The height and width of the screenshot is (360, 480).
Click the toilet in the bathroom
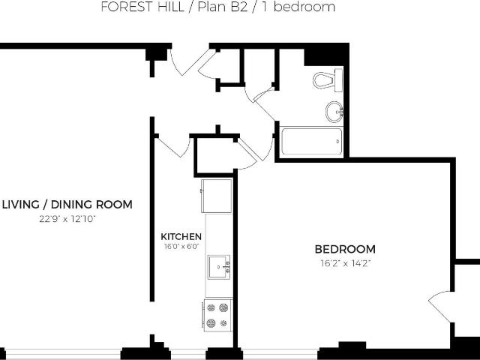click(328, 80)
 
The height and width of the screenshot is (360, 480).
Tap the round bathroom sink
click(334, 112)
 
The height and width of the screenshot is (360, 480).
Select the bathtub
click(312, 142)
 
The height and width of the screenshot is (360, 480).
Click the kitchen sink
click(219, 267)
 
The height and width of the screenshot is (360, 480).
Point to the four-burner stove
click(217, 315)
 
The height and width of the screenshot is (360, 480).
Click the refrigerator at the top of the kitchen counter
click(217, 196)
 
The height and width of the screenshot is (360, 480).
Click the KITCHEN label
click(181, 237)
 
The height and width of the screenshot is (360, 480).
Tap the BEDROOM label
click(345, 249)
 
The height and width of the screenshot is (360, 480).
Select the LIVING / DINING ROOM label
click(67, 205)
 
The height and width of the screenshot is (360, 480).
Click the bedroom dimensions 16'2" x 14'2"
click(346, 263)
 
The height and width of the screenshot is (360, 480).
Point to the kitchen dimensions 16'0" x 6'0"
click(181, 246)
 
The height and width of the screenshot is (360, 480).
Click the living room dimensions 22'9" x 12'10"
click(67, 219)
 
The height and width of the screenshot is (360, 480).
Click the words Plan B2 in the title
click(223, 7)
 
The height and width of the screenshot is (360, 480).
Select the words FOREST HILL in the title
click(142, 7)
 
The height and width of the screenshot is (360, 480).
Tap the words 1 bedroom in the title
click(298, 7)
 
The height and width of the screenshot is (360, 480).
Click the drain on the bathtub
click(337, 142)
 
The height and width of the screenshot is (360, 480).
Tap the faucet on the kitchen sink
click(226, 267)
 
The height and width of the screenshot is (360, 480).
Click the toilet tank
click(338, 80)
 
